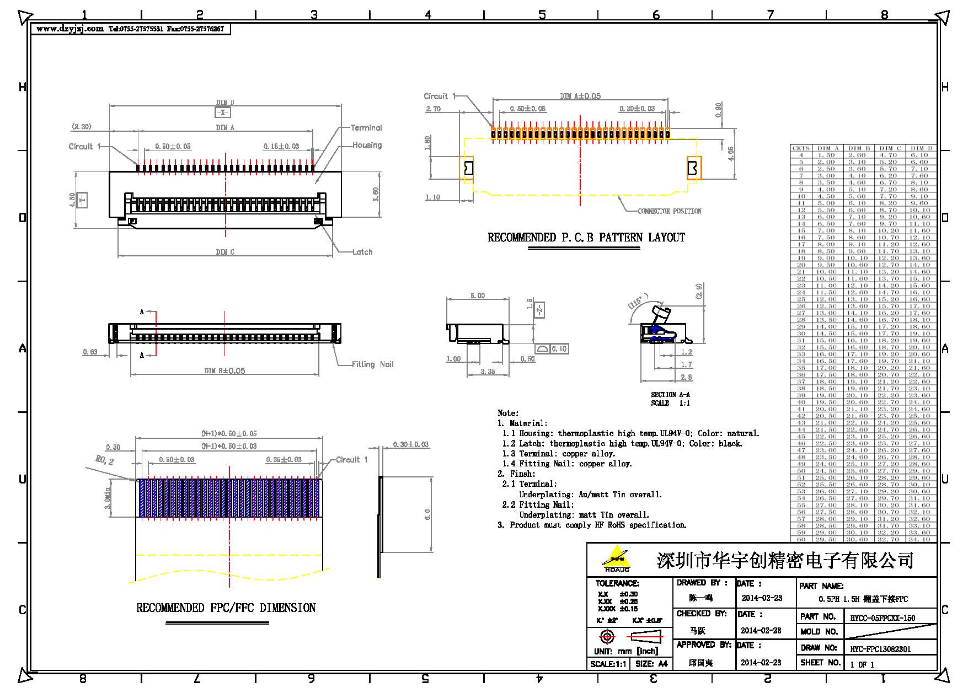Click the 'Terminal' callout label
tap(366, 127)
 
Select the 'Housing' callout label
tap(367, 145)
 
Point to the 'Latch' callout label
tap(362, 252)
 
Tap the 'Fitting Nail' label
tap(373, 364)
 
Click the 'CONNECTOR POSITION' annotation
tap(669, 211)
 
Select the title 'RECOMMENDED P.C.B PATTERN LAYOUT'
tap(586, 238)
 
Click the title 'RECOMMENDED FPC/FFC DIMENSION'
tap(226, 608)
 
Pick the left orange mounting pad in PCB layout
tap(467, 168)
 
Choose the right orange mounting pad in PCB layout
tap(694, 168)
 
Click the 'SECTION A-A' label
tap(670, 395)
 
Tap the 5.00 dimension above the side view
tap(477, 296)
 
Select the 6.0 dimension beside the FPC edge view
tap(427, 514)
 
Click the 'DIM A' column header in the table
tap(828, 148)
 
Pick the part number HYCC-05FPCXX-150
tap(882, 618)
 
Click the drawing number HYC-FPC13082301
tap(880, 649)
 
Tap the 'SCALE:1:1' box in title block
tap(608, 664)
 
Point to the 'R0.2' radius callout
tap(104, 460)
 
